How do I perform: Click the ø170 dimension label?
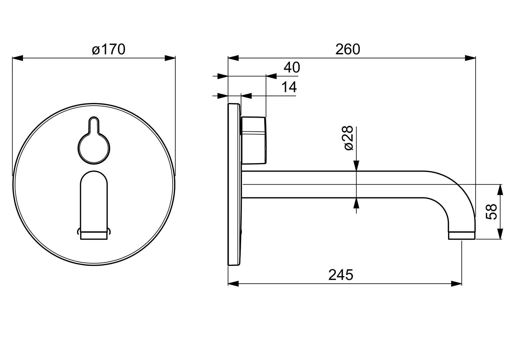tap(108, 49)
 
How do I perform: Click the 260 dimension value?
tap(348, 49)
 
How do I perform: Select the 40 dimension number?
tap(292, 68)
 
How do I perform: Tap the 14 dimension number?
tap(289, 87)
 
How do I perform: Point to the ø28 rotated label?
tap(348, 138)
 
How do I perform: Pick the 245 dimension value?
tap(340, 275)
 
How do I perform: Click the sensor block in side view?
tap(254, 140)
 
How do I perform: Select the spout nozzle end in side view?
tap(461, 236)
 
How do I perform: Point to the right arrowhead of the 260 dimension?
tap(470, 58)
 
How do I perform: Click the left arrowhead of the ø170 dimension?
tap(18, 58)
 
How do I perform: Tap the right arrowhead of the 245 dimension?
tap(456, 284)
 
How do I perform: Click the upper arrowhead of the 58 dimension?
tap(500, 190)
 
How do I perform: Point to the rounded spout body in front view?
tap(94, 200)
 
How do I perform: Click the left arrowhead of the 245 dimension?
tap(233, 284)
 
